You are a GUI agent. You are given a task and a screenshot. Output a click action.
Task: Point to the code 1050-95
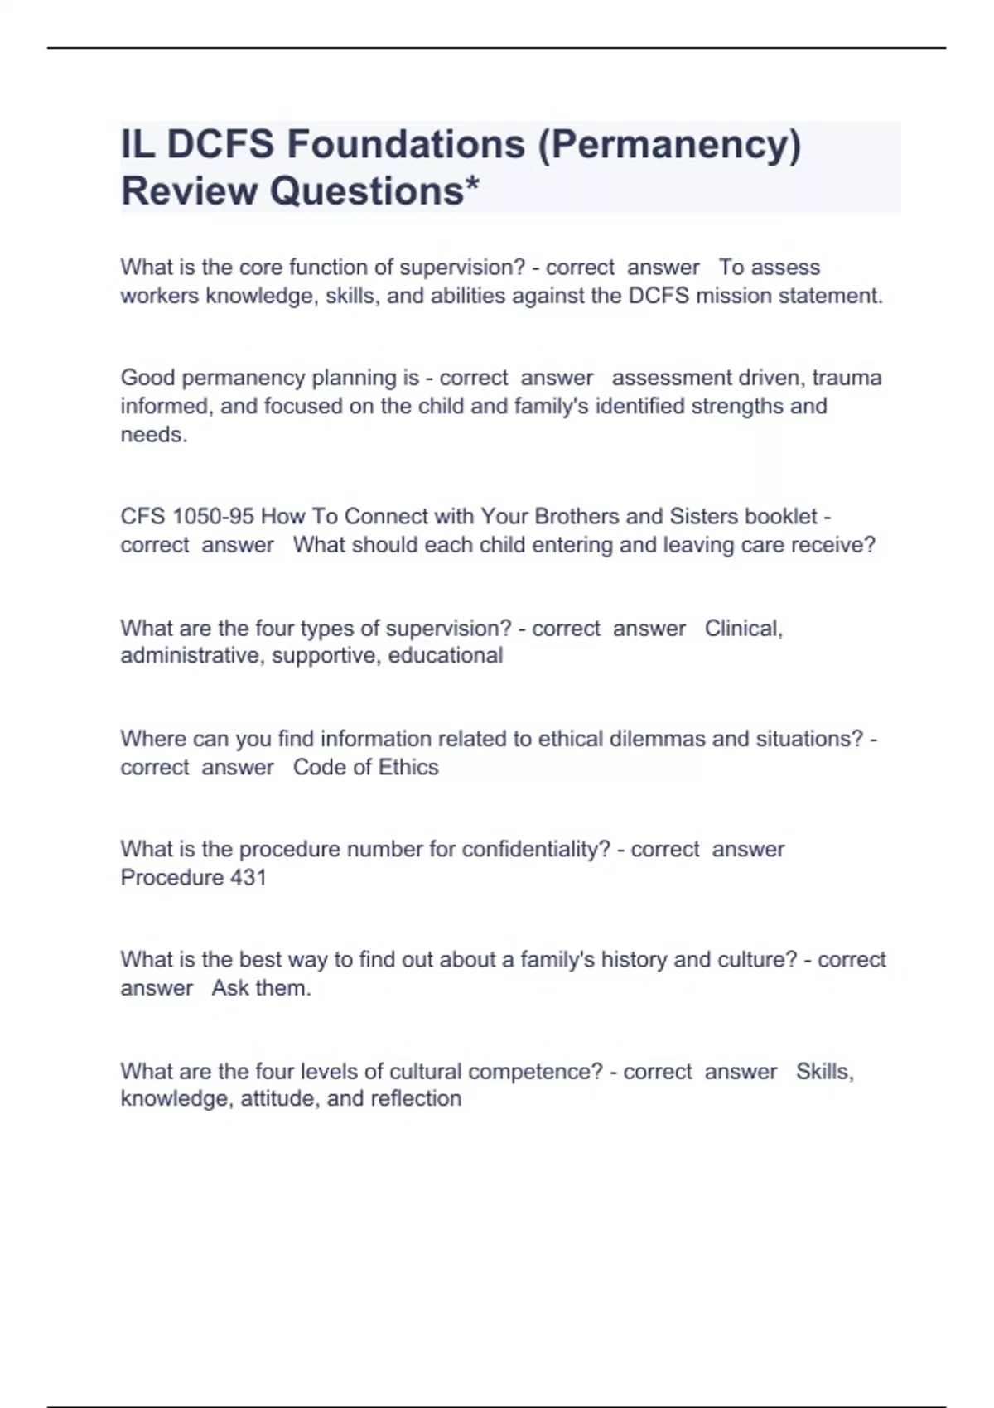(x=213, y=516)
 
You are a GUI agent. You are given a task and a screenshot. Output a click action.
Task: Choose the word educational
(x=446, y=655)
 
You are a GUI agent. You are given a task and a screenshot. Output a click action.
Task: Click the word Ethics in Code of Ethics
(x=408, y=767)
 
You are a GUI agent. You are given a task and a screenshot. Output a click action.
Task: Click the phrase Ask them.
(x=261, y=988)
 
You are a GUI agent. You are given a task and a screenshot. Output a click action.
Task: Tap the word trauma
(x=847, y=378)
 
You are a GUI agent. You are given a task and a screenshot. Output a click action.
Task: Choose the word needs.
(x=154, y=435)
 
